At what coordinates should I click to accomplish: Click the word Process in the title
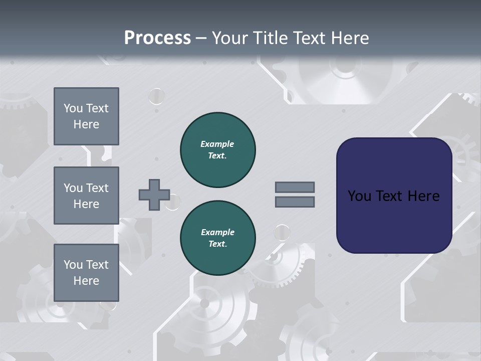tap(157, 38)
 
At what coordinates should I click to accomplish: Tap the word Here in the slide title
tap(351, 38)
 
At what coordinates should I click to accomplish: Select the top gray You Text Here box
tap(86, 116)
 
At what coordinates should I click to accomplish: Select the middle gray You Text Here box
tap(86, 196)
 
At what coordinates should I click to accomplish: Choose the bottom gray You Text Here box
tap(86, 272)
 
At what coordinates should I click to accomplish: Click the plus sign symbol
tap(154, 195)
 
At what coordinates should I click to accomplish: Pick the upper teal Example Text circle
tap(218, 149)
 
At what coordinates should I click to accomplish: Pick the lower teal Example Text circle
tap(218, 238)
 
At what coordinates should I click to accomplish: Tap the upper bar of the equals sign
tap(295, 187)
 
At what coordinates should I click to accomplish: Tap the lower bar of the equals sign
tap(295, 202)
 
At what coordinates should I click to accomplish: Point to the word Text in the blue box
tap(390, 196)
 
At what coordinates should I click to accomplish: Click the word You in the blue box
tap(359, 196)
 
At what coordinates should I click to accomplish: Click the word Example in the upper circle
tap(217, 144)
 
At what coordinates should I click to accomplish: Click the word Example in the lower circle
tap(217, 232)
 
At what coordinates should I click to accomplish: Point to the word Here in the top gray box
tap(86, 124)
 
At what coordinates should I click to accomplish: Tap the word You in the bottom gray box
tap(73, 265)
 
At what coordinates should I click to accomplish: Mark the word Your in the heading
tap(229, 38)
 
